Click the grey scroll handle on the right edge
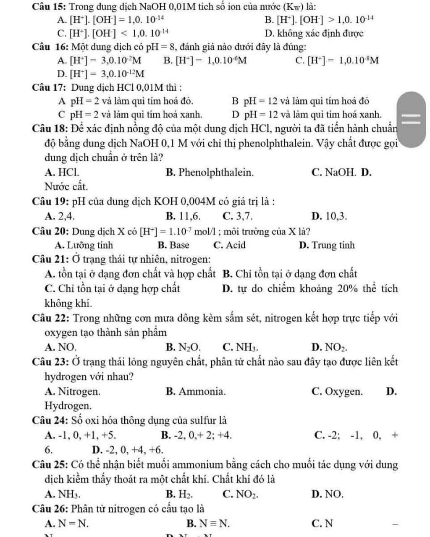[x=412, y=119]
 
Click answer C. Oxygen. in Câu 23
[x=337, y=392]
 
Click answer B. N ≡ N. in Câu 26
[x=208, y=524]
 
